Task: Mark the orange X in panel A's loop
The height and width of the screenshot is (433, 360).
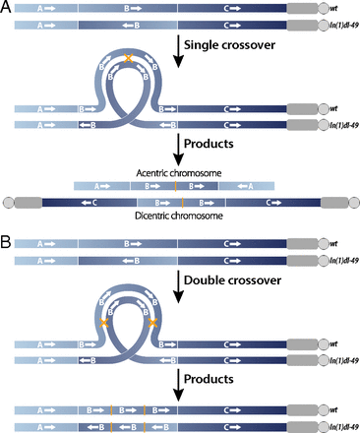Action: [x=129, y=61]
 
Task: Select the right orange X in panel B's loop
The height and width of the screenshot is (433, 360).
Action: [x=152, y=322]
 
